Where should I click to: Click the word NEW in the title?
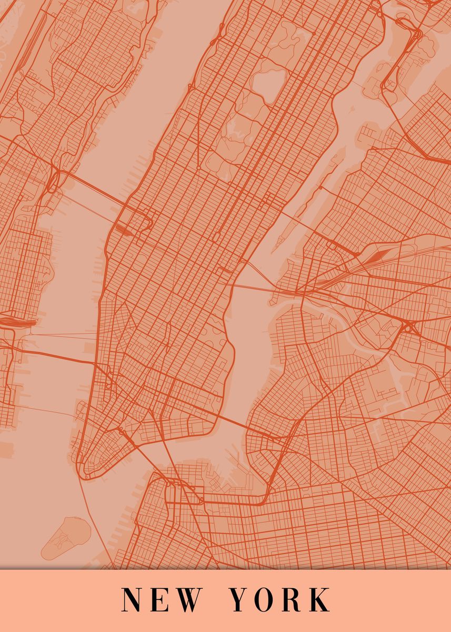161,599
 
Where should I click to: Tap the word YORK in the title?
279,599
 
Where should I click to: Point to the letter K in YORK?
318,599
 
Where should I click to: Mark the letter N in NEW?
132,599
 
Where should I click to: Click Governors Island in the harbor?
65,537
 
